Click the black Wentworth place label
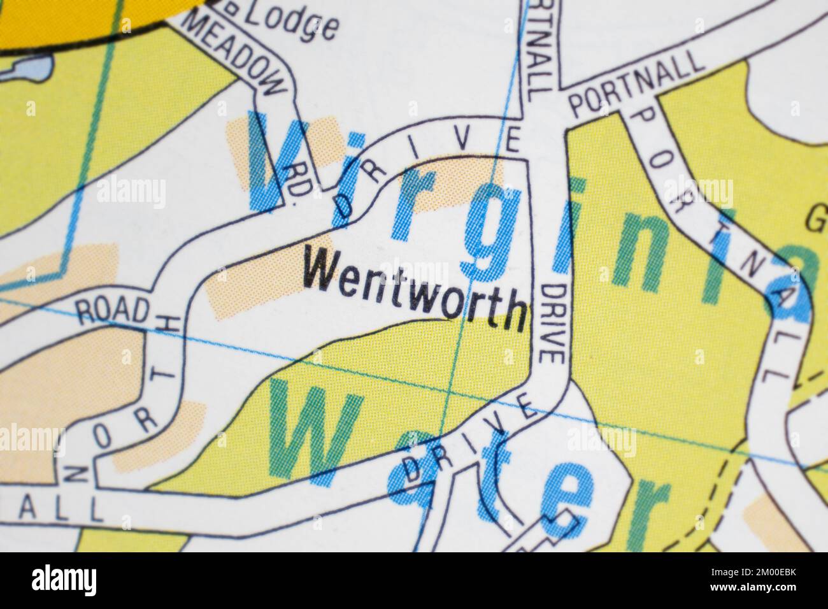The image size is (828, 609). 415,289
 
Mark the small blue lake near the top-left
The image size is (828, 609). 25,68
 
